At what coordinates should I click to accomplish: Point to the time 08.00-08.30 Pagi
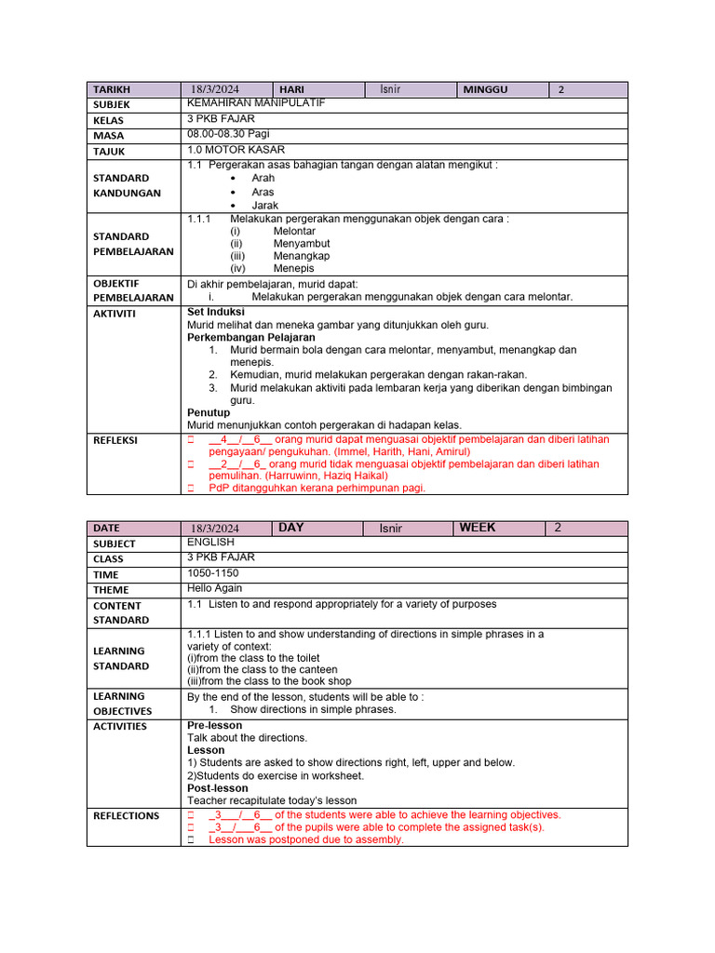pyautogui.click(x=226, y=134)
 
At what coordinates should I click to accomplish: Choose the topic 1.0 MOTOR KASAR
pyautogui.click(x=236, y=149)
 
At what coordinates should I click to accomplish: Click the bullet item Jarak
pyautogui.click(x=264, y=205)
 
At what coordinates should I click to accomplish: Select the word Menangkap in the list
pyautogui.click(x=301, y=256)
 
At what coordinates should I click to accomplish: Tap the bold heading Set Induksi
pyautogui.click(x=216, y=312)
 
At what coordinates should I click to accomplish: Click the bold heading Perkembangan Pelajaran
pyautogui.click(x=251, y=337)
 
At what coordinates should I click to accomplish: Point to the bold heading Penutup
pyautogui.click(x=209, y=412)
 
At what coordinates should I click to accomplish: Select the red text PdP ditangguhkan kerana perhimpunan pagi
pyautogui.click(x=317, y=487)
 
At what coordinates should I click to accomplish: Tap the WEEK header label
pyautogui.click(x=477, y=528)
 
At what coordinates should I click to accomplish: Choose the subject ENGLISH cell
pyautogui.click(x=211, y=542)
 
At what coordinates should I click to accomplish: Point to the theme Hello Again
pyautogui.click(x=215, y=588)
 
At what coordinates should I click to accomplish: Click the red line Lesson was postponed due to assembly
pyautogui.click(x=306, y=839)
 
